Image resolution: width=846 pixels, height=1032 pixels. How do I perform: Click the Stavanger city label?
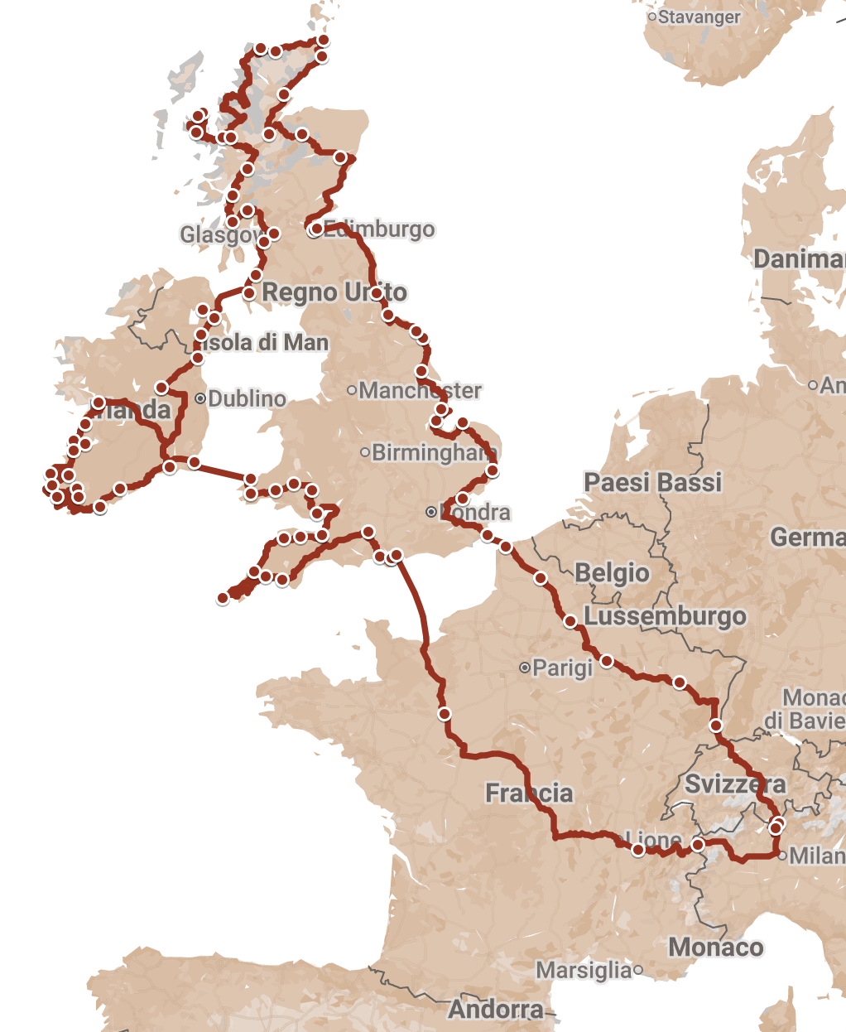[x=699, y=17]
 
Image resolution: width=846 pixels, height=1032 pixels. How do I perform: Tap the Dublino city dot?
[x=200, y=398]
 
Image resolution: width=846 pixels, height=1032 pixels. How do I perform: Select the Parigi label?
[x=563, y=668]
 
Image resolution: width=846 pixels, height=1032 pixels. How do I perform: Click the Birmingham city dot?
[x=365, y=452]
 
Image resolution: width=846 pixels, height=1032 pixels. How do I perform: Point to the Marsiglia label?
[x=584, y=970]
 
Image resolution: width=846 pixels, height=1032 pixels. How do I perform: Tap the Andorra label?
[x=497, y=1009]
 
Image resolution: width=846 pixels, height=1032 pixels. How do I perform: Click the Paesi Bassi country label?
[x=653, y=482]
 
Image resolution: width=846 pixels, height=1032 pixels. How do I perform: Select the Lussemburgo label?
[x=666, y=616]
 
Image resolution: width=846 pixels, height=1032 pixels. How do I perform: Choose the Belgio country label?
[x=613, y=573]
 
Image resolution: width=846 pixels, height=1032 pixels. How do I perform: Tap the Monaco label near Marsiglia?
[x=716, y=947]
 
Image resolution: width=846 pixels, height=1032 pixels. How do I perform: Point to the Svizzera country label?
[x=735, y=784]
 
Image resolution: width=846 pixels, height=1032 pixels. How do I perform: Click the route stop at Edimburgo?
[x=315, y=229]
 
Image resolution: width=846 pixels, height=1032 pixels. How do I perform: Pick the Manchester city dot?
[x=352, y=390]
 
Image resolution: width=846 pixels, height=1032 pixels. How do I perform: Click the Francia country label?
[x=529, y=793]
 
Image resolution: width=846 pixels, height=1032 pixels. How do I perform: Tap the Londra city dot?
[x=431, y=512]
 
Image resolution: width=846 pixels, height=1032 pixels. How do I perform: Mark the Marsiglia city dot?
[x=638, y=969]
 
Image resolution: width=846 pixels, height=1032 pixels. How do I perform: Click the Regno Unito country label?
[x=334, y=292]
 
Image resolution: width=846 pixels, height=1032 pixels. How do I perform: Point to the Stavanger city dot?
[x=652, y=17]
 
